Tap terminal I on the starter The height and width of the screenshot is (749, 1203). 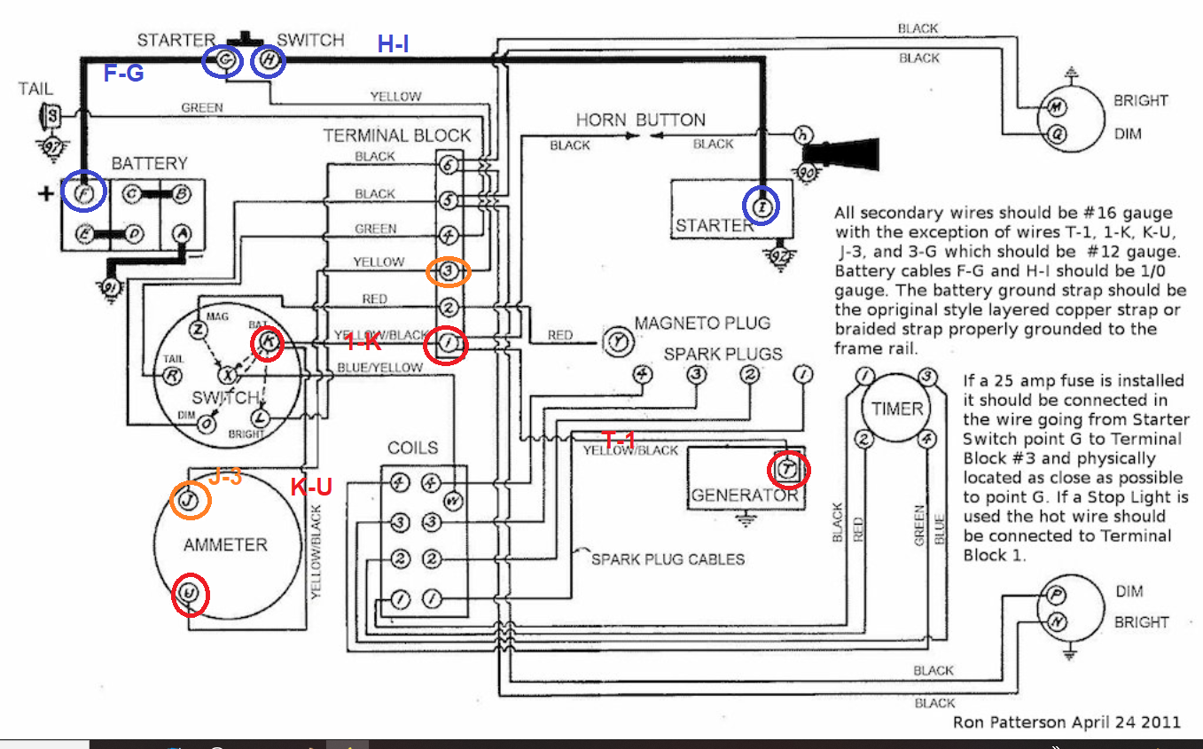[x=762, y=206]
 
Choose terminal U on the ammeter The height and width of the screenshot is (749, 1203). [x=189, y=593]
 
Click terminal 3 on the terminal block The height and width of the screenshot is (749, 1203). [x=449, y=271]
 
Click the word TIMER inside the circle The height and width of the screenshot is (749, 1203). [x=897, y=409]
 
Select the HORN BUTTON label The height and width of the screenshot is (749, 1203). [x=640, y=120]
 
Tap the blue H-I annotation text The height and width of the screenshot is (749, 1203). [x=393, y=44]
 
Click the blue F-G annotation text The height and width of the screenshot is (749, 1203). [x=124, y=74]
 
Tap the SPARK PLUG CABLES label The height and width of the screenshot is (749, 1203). [x=668, y=559]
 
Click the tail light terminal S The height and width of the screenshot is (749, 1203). [x=52, y=114]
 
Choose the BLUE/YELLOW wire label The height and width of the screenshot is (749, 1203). [x=379, y=368]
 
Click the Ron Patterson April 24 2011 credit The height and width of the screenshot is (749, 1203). [x=1066, y=722]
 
